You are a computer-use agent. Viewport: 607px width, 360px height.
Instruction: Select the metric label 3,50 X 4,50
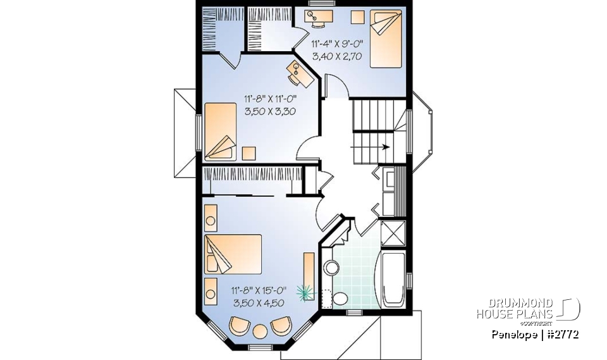tap(259, 303)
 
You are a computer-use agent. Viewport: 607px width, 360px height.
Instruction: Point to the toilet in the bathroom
tap(340, 299)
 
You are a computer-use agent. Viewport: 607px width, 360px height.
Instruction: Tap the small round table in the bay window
tap(260, 331)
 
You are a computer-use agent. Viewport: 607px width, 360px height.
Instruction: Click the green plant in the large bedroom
tap(306, 291)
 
